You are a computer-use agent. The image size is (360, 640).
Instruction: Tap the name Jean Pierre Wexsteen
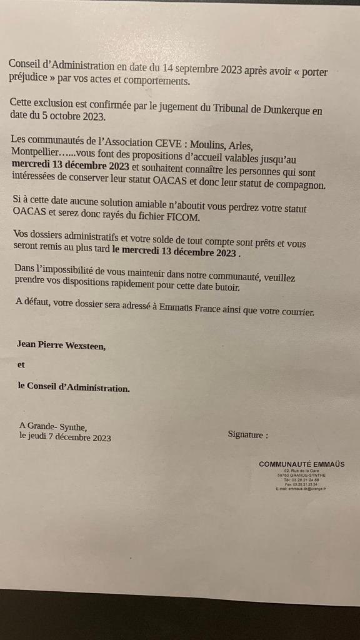pyautogui.click(x=61, y=344)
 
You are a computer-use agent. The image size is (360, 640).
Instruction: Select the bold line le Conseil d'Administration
pyautogui.click(x=74, y=387)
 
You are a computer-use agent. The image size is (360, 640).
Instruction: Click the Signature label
pyautogui.click(x=247, y=434)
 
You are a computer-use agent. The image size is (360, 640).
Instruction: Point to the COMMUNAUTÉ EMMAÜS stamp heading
pyautogui.click(x=301, y=464)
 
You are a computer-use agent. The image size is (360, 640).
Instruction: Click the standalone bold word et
pyautogui.click(x=21, y=365)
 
